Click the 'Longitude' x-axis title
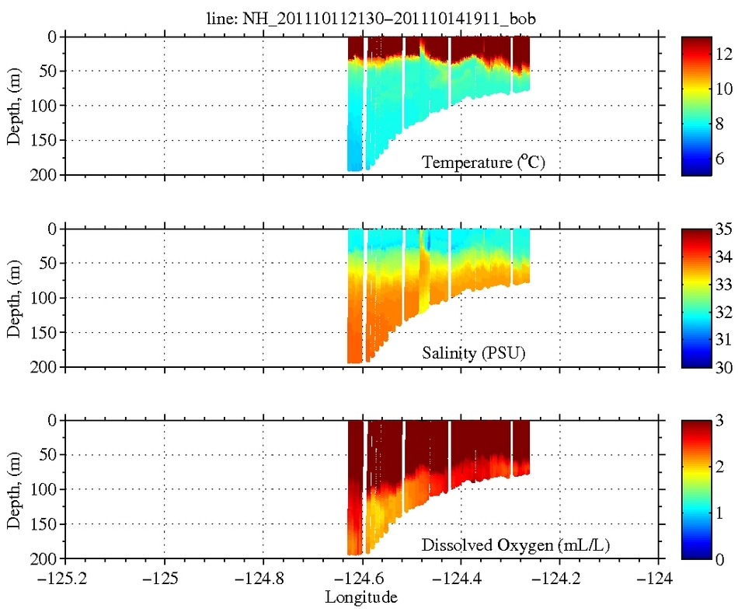tap(361, 597)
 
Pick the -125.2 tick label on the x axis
tap(65, 579)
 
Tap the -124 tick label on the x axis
tap(660, 579)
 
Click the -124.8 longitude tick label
tap(263, 579)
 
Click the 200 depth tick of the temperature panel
tap(46, 175)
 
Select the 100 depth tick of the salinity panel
tap(46, 298)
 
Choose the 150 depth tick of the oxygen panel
tap(46, 523)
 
